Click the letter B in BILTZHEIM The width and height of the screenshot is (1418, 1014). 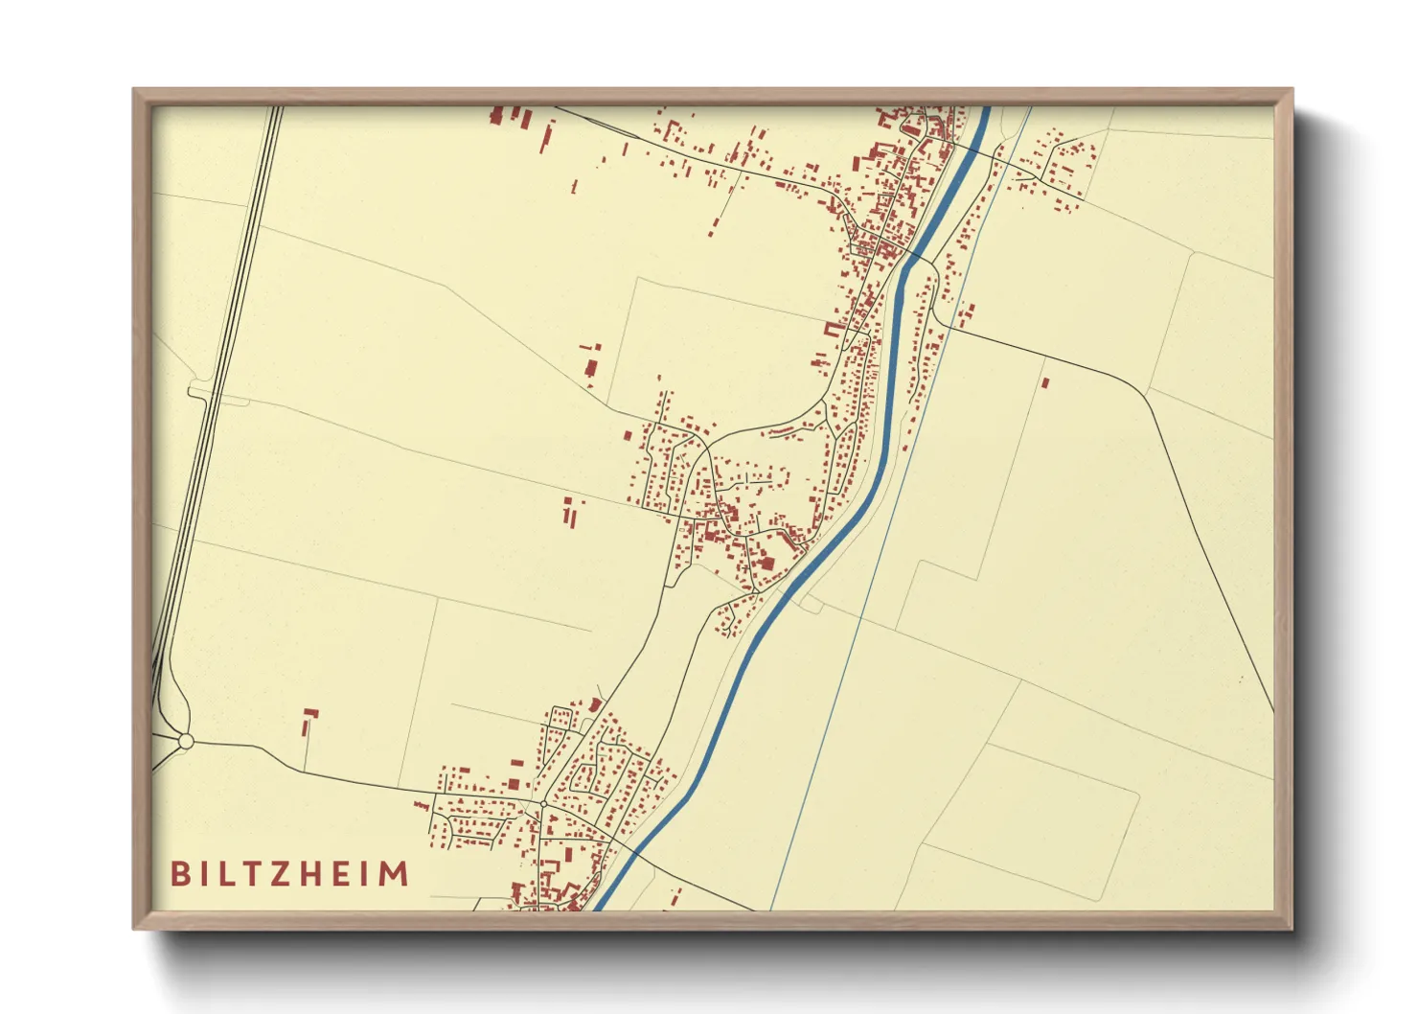[x=179, y=874]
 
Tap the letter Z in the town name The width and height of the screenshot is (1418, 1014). [x=288, y=874]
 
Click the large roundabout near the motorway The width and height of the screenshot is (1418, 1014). [x=186, y=741]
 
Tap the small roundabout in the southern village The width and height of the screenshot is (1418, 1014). [x=543, y=803]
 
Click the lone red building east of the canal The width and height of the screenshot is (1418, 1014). [x=1045, y=383]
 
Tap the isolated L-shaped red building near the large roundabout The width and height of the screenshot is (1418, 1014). [x=309, y=720]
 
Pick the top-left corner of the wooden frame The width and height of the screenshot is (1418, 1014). [x=135, y=91]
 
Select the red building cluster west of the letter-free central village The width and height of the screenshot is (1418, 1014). [x=571, y=510]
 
